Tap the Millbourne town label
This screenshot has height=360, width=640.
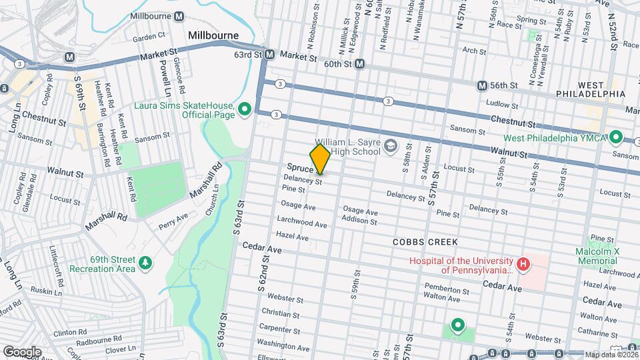tap(213, 35)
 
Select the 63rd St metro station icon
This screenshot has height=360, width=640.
tap(269, 54)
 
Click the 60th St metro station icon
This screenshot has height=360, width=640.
tap(360, 64)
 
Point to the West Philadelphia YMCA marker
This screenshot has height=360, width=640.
tap(617, 137)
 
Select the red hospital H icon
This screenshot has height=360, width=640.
tap(523, 265)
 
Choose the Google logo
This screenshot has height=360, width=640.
tap(22, 351)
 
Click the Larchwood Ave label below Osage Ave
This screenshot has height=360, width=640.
tap(302, 223)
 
